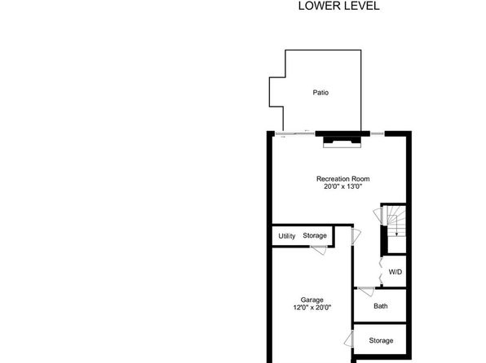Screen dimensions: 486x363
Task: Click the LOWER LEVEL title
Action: [338, 6]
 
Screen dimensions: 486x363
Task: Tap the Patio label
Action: [320, 93]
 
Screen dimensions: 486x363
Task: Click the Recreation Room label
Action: [342, 179]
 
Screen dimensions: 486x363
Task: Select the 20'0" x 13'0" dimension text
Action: [342, 186]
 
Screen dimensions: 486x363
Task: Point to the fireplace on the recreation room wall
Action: [342, 142]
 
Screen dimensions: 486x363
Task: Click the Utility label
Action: [287, 236]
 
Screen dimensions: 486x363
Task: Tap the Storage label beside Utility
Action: [315, 235]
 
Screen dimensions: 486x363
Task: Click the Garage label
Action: [311, 300]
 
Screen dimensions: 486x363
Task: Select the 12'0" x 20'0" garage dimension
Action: [312, 308]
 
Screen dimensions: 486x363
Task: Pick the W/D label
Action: [395, 272]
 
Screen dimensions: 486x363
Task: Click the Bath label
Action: [380, 306]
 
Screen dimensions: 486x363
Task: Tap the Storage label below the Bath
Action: [381, 341]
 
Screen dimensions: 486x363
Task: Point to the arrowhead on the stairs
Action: [396, 234]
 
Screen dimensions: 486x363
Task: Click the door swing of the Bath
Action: [366, 291]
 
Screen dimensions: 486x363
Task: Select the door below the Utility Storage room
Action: [319, 250]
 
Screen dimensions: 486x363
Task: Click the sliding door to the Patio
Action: [295, 133]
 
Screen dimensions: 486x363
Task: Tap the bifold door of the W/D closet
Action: [381, 272]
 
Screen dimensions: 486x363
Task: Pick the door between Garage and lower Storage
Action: [349, 339]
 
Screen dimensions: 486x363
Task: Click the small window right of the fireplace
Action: [378, 133]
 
